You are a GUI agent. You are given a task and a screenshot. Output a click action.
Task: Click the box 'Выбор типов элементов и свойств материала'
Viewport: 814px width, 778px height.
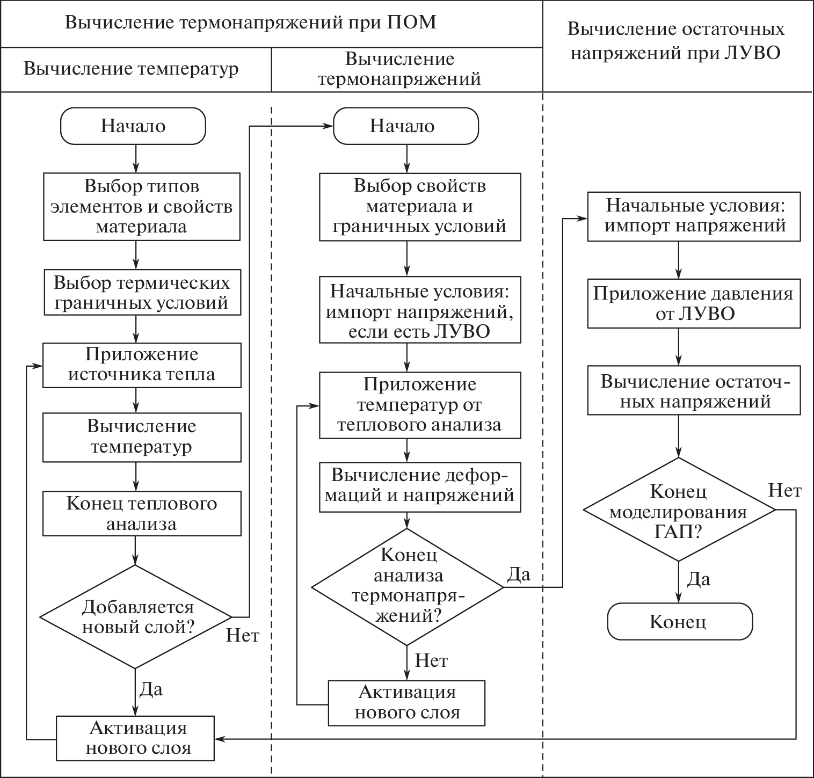tap(141, 206)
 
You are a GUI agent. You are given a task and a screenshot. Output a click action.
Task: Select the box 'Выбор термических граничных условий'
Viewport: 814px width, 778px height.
tap(141, 293)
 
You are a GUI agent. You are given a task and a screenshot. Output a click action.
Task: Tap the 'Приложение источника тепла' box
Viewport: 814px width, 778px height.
tap(141, 365)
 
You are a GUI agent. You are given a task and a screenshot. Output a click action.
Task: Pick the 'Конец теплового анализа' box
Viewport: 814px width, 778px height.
tap(141, 513)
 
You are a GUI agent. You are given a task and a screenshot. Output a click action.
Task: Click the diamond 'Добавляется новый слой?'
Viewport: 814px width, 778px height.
tap(136, 616)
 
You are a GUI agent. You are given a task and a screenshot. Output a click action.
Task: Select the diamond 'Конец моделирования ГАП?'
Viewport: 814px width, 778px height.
tap(679, 510)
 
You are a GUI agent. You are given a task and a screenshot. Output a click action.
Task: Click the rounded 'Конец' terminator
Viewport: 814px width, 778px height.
tap(679, 621)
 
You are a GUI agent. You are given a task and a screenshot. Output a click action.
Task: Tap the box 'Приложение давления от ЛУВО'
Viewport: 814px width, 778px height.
tap(693, 303)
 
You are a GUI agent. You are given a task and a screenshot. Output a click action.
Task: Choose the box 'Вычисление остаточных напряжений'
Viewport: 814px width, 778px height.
tap(693, 391)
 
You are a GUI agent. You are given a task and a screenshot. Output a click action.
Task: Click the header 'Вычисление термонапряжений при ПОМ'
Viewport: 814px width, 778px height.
tap(251, 23)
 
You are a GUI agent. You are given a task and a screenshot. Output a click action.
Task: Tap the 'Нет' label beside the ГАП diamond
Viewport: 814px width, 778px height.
tap(785, 490)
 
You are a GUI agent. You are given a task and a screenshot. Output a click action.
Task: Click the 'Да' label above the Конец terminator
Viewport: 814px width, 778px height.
tap(699, 579)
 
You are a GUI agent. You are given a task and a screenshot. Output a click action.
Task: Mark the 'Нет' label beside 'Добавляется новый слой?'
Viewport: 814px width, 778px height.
tap(242, 636)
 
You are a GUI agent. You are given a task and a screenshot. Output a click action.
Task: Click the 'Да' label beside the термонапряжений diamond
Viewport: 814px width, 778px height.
tap(519, 575)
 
